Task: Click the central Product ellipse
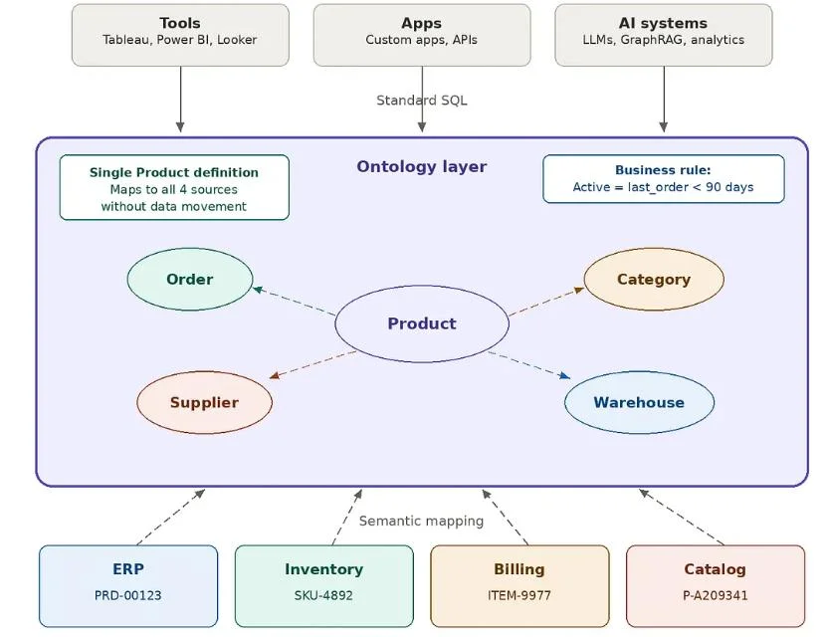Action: pyautogui.click(x=422, y=323)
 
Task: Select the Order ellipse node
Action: pyautogui.click(x=190, y=280)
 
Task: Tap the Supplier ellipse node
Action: pyautogui.click(x=204, y=402)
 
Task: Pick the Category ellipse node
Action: pyautogui.click(x=653, y=280)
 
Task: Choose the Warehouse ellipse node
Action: pyautogui.click(x=639, y=402)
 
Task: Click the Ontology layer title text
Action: pyautogui.click(x=422, y=167)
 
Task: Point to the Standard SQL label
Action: pyautogui.click(x=422, y=101)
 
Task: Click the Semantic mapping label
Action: pyautogui.click(x=421, y=521)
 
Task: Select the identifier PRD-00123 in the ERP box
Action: pyautogui.click(x=128, y=596)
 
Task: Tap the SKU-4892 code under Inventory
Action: pyautogui.click(x=323, y=596)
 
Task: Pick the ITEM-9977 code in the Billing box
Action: pyautogui.click(x=519, y=596)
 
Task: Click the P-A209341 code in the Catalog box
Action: pyautogui.click(x=715, y=596)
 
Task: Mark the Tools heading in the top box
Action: pyautogui.click(x=180, y=23)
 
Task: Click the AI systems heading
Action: pyautogui.click(x=663, y=23)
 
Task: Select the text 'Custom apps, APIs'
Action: pyautogui.click(x=422, y=41)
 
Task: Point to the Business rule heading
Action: pyautogui.click(x=663, y=170)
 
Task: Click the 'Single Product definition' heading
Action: pyautogui.click(x=174, y=172)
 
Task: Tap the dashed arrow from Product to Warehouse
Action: pyautogui.click(x=528, y=364)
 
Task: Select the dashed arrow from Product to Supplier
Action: pyautogui.click(x=312, y=364)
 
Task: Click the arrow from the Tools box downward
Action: pyautogui.click(x=180, y=100)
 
